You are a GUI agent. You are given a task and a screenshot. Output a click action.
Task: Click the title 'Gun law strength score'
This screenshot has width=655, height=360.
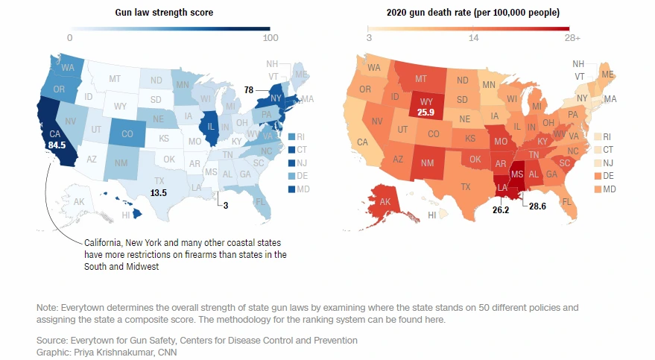tap(164, 13)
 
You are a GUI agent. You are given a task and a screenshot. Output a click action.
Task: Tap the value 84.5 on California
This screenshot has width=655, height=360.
tap(57, 145)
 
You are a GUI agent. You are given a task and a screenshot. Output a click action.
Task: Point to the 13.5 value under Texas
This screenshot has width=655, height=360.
tap(158, 192)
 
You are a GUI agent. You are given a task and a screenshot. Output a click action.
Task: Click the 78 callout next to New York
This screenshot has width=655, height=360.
tap(248, 90)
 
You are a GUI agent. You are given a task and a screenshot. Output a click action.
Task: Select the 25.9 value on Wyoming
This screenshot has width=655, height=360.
tap(425, 113)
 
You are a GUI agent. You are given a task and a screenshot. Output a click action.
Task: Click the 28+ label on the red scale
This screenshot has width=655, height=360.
tap(572, 37)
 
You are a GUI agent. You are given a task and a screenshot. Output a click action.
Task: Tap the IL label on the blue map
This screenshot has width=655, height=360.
tap(211, 127)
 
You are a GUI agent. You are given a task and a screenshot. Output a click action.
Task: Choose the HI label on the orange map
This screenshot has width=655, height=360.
tap(432, 215)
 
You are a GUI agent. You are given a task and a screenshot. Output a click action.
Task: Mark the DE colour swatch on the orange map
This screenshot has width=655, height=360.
tap(597, 174)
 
